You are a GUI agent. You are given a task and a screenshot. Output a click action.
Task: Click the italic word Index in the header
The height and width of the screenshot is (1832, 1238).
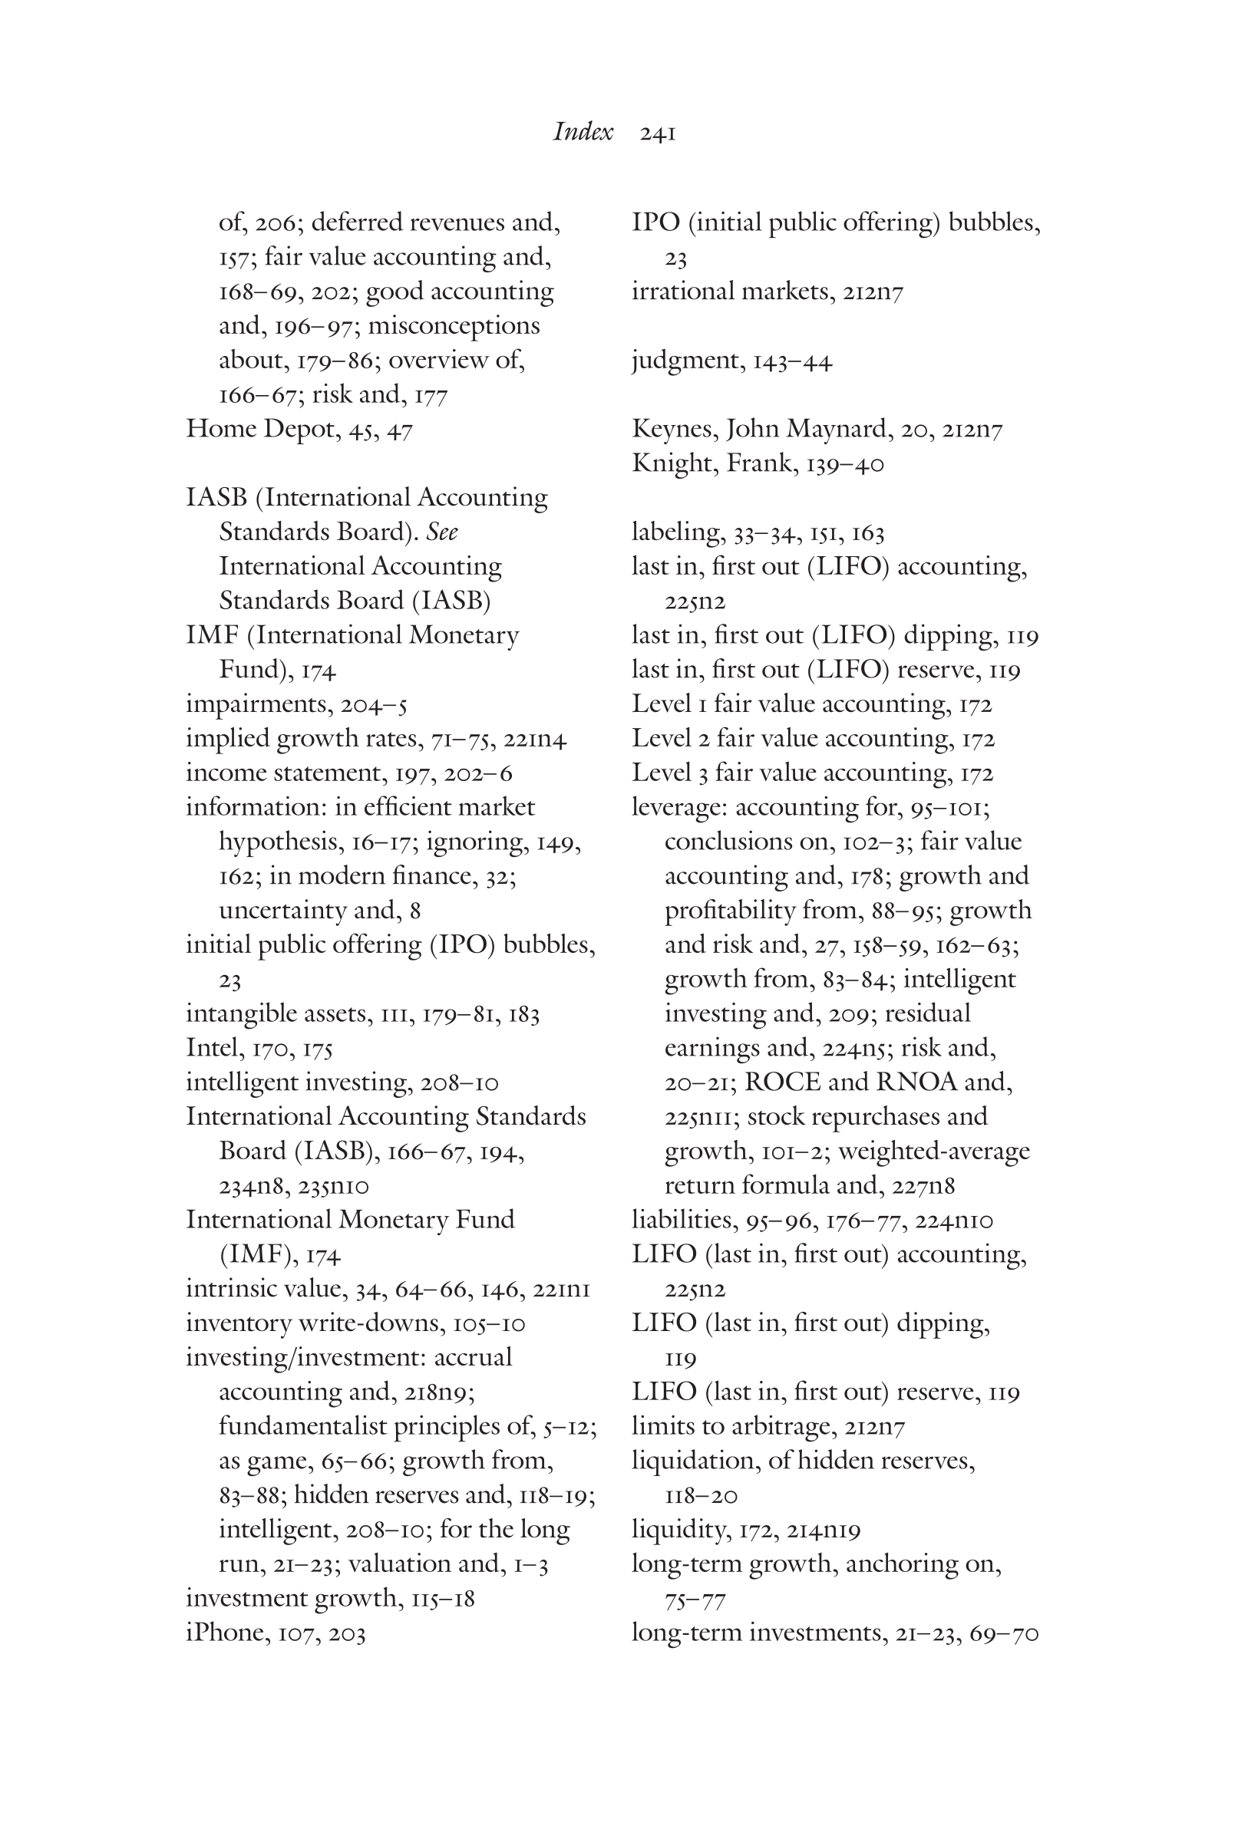[x=582, y=132]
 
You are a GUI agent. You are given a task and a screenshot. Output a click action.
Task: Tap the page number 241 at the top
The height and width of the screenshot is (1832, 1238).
[x=658, y=134]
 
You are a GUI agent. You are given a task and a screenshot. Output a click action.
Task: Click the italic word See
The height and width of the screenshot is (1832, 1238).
[x=441, y=532]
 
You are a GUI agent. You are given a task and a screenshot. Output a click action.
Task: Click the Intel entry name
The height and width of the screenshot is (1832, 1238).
[x=212, y=1048]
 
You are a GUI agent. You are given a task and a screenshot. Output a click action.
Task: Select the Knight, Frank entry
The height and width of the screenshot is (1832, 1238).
[x=757, y=463]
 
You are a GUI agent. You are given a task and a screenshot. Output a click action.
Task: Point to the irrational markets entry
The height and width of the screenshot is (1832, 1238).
[x=767, y=292]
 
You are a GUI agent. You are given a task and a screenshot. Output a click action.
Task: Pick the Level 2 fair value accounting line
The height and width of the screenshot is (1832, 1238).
[x=812, y=739]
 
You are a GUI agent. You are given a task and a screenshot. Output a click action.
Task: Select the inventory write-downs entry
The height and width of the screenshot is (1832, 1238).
[x=355, y=1323]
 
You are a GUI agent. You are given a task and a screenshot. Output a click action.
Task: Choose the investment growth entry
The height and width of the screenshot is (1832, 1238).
[x=329, y=1598]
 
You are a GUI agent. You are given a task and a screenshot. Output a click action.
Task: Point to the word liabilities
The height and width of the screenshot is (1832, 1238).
[x=683, y=1221]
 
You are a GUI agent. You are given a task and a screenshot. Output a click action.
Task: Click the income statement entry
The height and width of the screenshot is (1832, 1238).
[x=348, y=773]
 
